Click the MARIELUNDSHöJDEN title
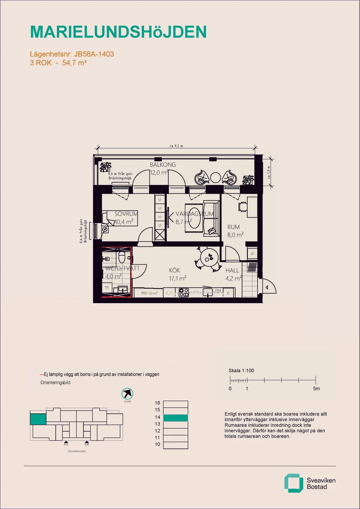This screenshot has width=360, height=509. coord(118,32)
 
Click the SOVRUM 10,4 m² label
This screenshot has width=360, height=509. coord(126,218)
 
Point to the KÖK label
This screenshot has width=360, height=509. coord(175,271)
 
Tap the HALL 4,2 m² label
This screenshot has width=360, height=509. coord(233,274)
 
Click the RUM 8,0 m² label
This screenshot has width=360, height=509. coord(235,231)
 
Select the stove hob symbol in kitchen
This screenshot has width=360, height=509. coord(184,292)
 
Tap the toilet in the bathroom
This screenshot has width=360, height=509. coord(122,257)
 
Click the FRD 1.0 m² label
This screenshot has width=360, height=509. coord(149,293)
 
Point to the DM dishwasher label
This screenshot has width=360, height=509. coord(218,290)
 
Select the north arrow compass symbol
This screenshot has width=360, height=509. coord(127,394)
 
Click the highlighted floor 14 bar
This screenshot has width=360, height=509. coord(175,418)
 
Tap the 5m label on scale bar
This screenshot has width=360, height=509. coord(316,388)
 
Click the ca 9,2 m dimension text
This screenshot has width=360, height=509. coord(176,146)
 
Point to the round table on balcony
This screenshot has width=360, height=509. coord(215,178)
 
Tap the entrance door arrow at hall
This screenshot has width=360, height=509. coord(267,287)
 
